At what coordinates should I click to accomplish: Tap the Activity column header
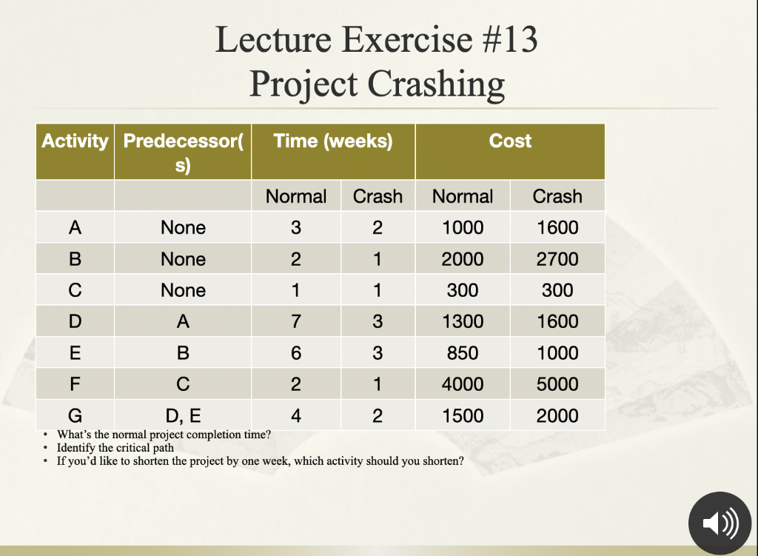75,141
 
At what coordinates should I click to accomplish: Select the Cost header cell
510,141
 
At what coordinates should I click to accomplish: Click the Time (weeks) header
333,141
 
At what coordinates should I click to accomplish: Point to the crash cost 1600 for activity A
557,227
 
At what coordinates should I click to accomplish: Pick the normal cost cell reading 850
463,353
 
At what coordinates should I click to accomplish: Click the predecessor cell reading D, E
183,415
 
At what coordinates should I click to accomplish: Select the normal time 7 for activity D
296,321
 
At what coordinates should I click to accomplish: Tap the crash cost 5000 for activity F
557,384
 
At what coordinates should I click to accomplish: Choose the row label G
75,415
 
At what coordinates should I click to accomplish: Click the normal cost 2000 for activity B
463,259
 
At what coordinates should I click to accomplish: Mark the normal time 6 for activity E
296,353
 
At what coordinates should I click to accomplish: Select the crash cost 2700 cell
557,259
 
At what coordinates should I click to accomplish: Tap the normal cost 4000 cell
463,384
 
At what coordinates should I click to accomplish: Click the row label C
75,290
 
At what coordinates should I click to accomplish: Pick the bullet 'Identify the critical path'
115,447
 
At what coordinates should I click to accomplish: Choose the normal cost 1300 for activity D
463,321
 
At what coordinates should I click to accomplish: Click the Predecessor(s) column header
183,151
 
